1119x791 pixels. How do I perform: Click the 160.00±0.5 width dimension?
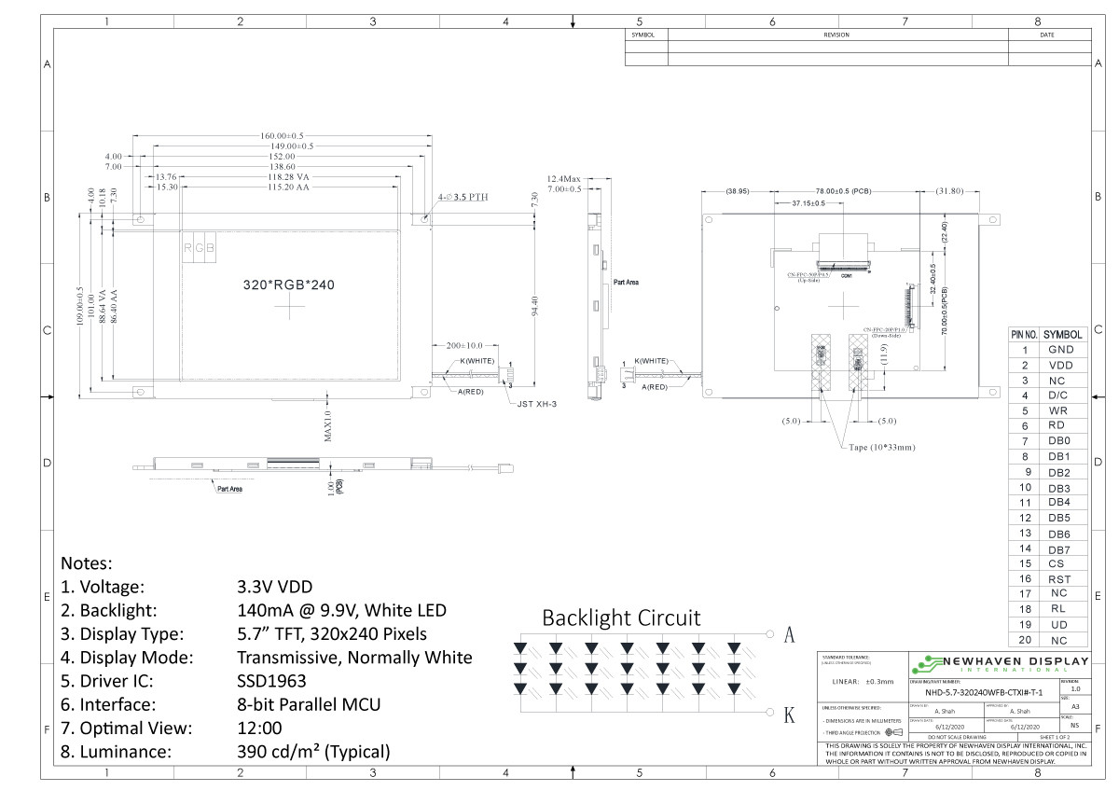pyautogui.click(x=283, y=136)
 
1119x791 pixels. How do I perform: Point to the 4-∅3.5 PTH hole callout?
pyautogui.click(x=463, y=198)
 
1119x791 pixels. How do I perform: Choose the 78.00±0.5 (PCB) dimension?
pyautogui.click(x=843, y=191)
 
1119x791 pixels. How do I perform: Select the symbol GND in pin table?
pyautogui.click(x=1061, y=350)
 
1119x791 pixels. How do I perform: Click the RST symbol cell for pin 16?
pyautogui.click(x=1061, y=578)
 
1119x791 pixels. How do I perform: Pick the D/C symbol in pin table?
pyautogui.click(x=1061, y=395)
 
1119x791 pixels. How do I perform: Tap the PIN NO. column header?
pyautogui.click(x=1024, y=334)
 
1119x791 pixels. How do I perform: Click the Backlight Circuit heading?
pyautogui.click(x=621, y=618)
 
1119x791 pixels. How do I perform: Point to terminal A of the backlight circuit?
pyautogui.click(x=789, y=635)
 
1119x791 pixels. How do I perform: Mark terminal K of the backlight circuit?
pyautogui.click(x=789, y=715)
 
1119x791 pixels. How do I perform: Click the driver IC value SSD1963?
pyautogui.click(x=271, y=681)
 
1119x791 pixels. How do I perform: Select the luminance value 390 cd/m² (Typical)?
pyautogui.click(x=313, y=752)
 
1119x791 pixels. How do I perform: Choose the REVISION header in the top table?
pyautogui.click(x=836, y=35)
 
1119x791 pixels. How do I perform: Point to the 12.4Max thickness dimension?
pyautogui.click(x=563, y=178)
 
